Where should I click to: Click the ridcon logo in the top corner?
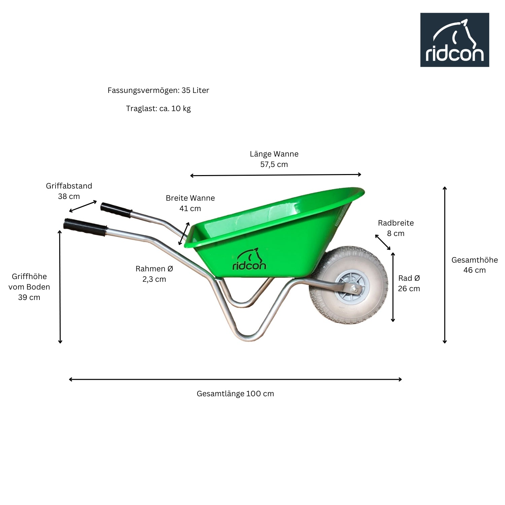pyautogui.click(x=454, y=40)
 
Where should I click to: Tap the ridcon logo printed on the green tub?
pyautogui.click(x=249, y=259)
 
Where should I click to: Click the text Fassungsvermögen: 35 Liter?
pyautogui.click(x=158, y=90)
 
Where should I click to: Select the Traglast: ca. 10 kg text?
pyautogui.click(x=158, y=108)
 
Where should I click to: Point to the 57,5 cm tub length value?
pyautogui.click(x=274, y=164)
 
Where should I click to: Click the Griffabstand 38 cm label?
pyautogui.click(x=69, y=191)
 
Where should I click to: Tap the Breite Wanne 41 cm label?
pyautogui.click(x=190, y=203)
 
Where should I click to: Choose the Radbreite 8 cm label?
pyautogui.click(x=396, y=228)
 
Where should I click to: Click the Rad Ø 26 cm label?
pyautogui.click(x=409, y=283)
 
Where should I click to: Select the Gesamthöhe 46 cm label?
pyautogui.click(x=475, y=265)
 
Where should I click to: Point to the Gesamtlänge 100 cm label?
pyautogui.click(x=235, y=394)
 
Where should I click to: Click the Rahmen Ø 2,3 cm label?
pyautogui.click(x=154, y=274)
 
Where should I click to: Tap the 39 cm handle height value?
pyautogui.click(x=29, y=297)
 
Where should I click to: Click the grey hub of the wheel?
pyautogui.click(x=352, y=288)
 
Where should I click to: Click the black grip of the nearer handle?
pyautogui.click(x=85, y=227)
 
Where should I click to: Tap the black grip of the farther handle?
pyautogui.click(x=116, y=210)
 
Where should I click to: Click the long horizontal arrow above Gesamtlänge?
pyautogui.click(x=235, y=379)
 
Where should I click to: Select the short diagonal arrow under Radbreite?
pyautogui.click(x=383, y=242)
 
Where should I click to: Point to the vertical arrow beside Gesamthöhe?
pyautogui.click(x=445, y=265)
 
